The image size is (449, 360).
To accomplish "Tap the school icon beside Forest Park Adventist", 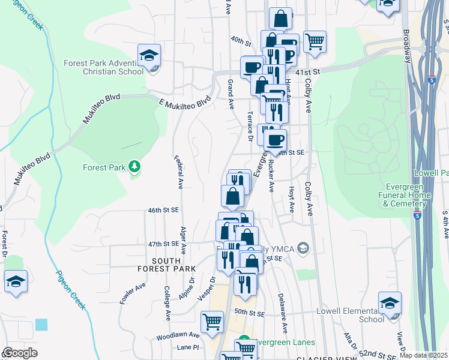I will (149, 56).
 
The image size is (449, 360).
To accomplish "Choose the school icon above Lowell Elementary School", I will (390, 302).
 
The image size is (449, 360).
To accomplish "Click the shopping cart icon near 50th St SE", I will (212, 321).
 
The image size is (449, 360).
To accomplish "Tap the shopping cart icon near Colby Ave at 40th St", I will (315, 41).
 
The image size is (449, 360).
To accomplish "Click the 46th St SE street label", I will (164, 210).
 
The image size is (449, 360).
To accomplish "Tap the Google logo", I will (20, 353).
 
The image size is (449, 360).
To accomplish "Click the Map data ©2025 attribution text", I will (424, 355).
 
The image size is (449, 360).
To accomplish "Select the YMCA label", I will (286, 248).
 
